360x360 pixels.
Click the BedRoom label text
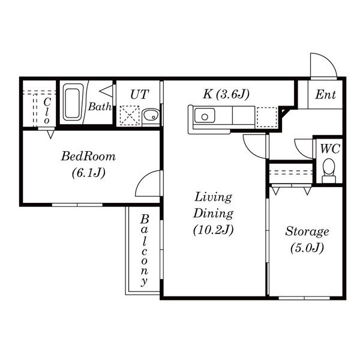coord(89,157)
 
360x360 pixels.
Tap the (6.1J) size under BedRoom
coord(89,173)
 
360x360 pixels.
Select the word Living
coord(212,197)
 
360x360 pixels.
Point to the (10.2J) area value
coord(212,229)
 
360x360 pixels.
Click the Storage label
coord(307,231)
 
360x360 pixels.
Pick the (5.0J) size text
coord(307,247)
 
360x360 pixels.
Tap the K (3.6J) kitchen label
coord(226,94)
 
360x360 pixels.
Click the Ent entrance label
coord(325,95)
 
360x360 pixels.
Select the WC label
coord(329,149)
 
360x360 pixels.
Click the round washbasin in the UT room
coord(150,115)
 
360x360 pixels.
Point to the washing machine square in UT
coord(129,115)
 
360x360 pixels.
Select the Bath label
coord(99,107)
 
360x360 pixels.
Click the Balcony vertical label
coord(144,251)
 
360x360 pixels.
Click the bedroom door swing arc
coord(148,184)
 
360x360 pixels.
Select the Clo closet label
coord(47,110)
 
